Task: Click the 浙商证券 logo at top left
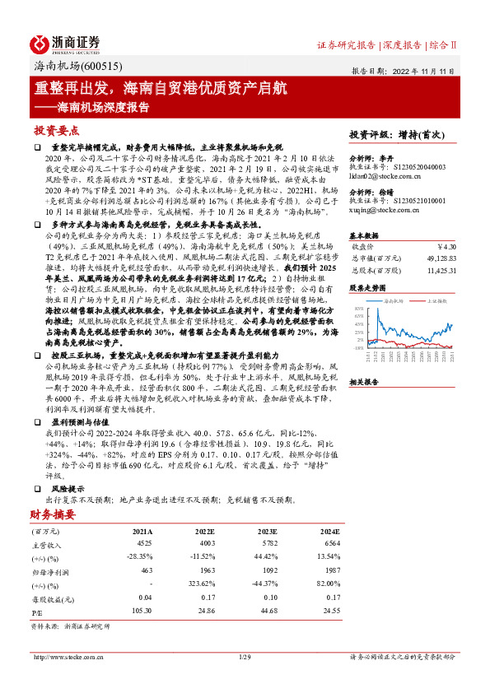point(66,43)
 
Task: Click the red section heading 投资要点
point(56,130)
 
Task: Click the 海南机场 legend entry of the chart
point(398,302)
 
